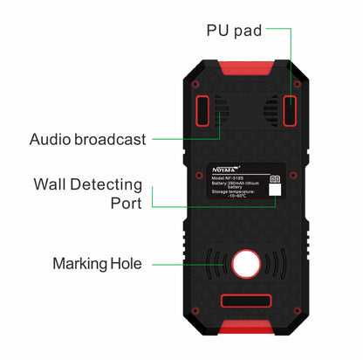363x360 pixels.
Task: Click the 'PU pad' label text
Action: (x=233, y=30)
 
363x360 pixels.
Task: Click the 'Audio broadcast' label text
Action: (x=88, y=139)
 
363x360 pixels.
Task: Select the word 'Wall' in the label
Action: (x=52, y=184)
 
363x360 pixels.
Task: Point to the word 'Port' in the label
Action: (x=126, y=204)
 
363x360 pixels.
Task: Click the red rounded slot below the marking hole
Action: (x=245, y=302)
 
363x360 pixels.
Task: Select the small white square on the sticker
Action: (x=274, y=190)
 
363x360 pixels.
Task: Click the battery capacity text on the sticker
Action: (x=237, y=183)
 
